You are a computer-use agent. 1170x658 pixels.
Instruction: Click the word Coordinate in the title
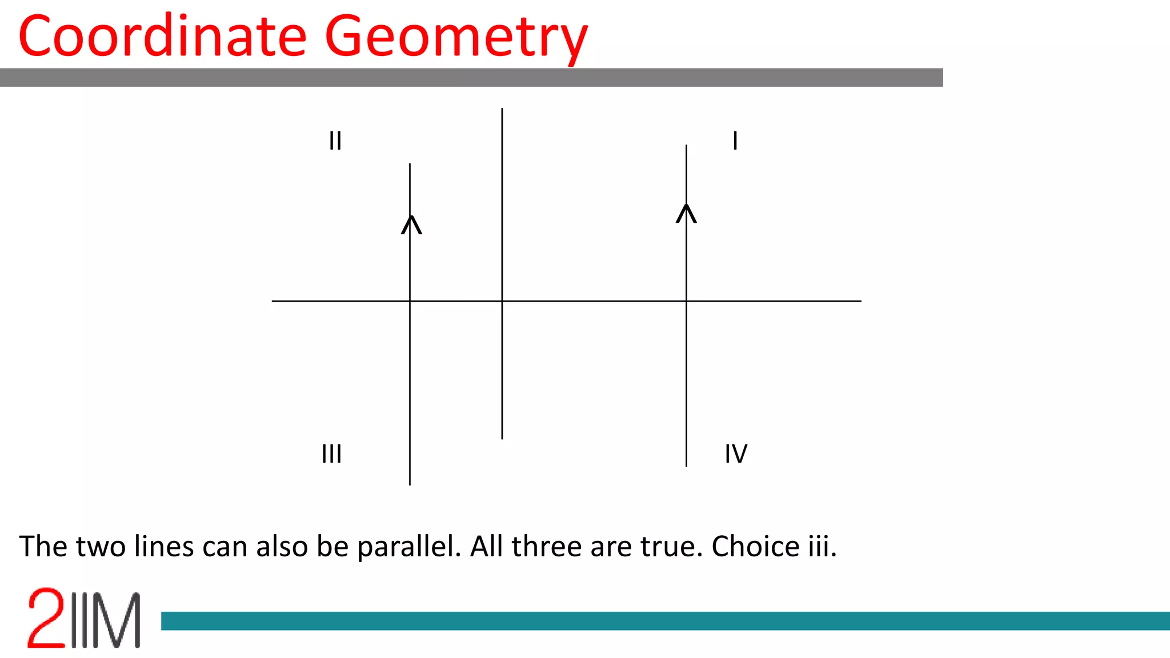[x=162, y=37]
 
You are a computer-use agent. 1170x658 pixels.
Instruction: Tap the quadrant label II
[x=335, y=141]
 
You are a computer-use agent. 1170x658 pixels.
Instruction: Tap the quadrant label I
[x=735, y=141]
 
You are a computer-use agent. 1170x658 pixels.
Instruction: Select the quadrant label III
[x=331, y=454]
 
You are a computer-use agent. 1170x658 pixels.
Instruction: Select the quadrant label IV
[x=736, y=454]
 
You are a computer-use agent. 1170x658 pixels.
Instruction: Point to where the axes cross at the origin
[x=502, y=301]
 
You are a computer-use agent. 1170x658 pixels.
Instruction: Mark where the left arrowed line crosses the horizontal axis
[x=410, y=301]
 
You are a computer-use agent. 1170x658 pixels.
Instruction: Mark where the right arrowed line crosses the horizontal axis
[x=686, y=301]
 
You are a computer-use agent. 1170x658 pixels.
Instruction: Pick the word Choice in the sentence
[x=755, y=547]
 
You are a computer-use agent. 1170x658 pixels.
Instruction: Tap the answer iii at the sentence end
[x=822, y=547]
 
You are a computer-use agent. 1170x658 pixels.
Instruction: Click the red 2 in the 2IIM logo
[x=46, y=618]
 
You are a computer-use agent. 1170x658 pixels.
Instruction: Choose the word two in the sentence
[x=101, y=547]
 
